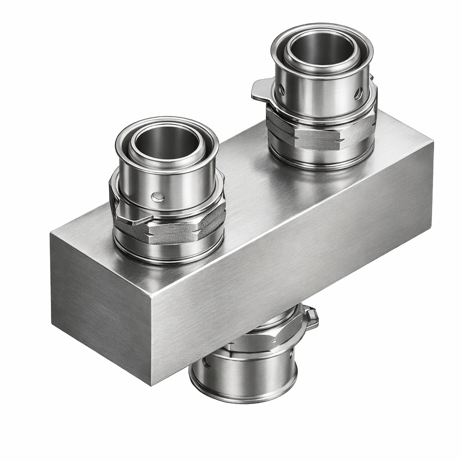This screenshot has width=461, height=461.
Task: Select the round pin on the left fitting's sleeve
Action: [x=158, y=197]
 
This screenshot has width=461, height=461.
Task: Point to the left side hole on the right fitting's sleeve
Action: [x=281, y=90]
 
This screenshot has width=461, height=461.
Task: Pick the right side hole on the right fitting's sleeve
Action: [x=358, y=93]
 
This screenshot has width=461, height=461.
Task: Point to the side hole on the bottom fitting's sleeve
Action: [x=207, y=362]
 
